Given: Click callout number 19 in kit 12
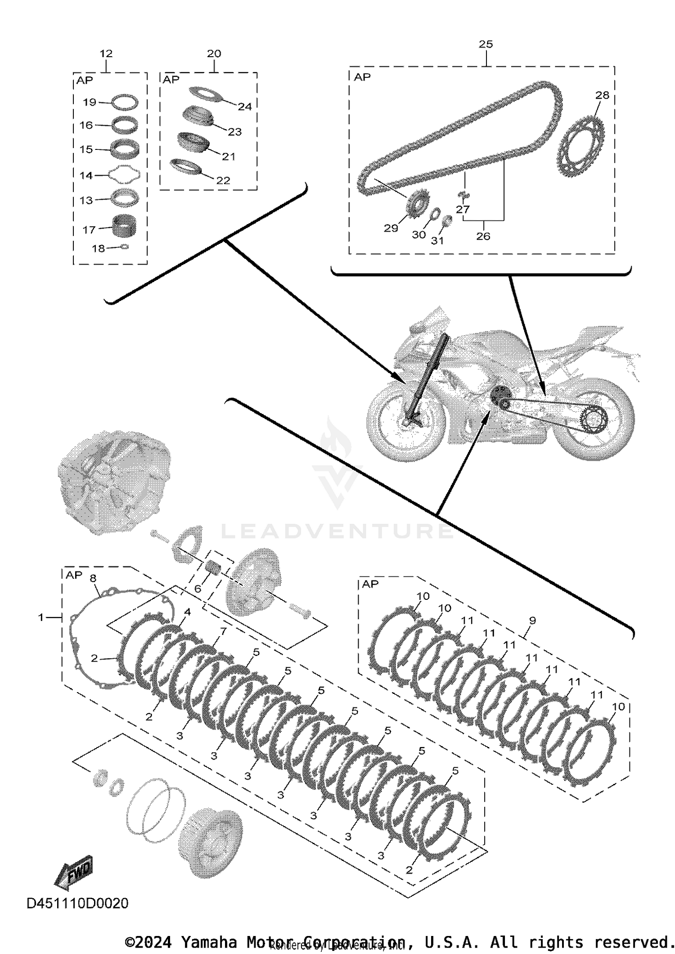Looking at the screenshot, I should (x=90, y=102).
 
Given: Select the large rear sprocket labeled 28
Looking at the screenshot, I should (x=580, y=148).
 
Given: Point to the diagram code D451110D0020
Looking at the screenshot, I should (x=77, y=903).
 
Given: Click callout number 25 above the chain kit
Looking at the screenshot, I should (x=486, y=44).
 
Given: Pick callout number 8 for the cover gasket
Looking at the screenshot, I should (x=93, y=578).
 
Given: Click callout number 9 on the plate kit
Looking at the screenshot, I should (x=532, y=621).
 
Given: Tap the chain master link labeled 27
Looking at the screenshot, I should (x=463, y=194).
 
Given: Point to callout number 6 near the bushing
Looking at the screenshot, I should (x=198, y=589).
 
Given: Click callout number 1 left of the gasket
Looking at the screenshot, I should (x=41, y=617).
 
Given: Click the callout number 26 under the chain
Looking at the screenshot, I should (x=483, y=236).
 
